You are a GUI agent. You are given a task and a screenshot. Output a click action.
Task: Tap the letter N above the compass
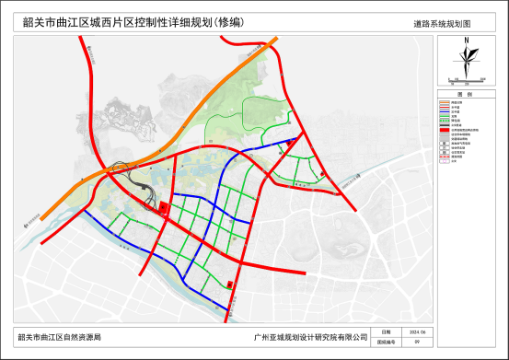[x=468, y=40]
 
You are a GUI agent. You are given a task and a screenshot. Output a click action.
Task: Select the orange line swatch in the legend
[x=444, y=101]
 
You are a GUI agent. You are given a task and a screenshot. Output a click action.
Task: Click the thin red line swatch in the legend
[x=444, y=107]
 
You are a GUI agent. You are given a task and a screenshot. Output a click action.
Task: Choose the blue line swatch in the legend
[x=444, y=111]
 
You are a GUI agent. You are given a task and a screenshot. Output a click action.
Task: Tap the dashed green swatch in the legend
[x=444, y=121]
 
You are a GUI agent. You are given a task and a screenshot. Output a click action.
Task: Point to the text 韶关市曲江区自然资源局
[x=61, y=338]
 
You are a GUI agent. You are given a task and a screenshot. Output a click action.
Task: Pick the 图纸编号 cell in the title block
[x=386, y=341]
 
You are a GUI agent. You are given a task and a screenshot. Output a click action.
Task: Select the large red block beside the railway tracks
[x=163, y=207]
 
